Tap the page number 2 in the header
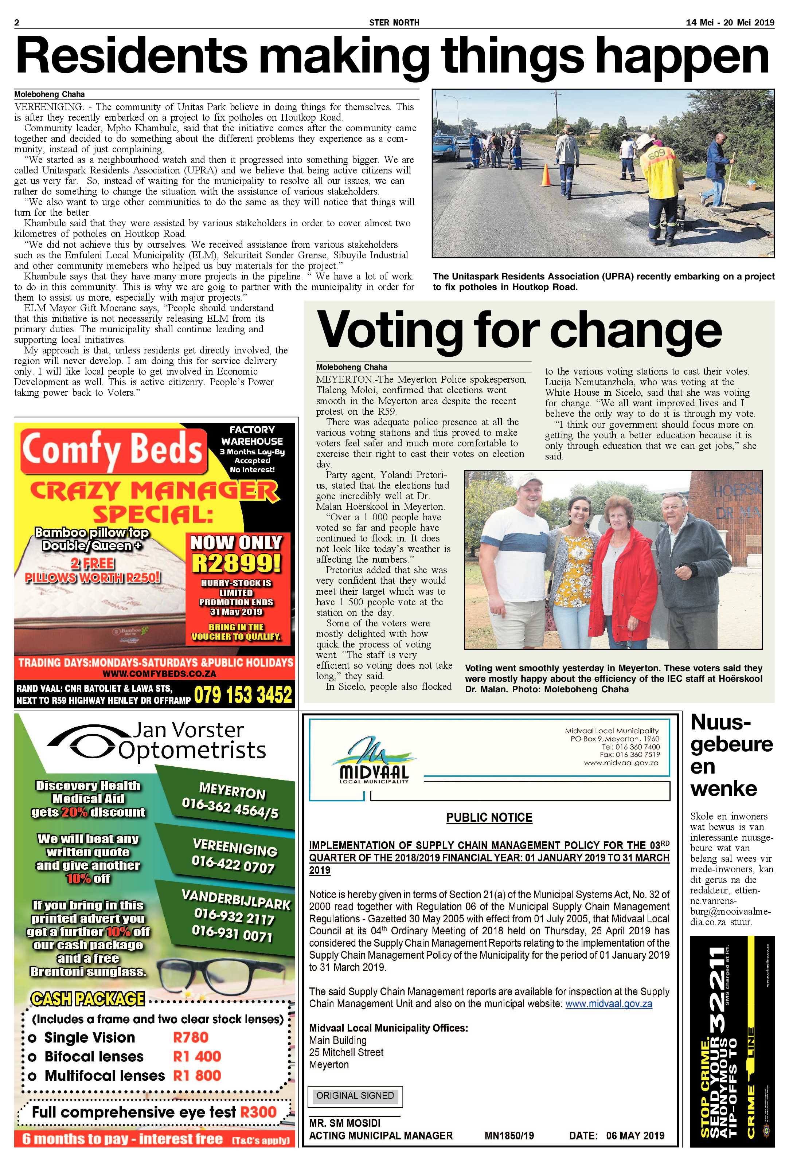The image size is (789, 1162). pyautogui.click(x=16, y=23)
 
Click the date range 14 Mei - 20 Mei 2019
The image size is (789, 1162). pyautogui.click(x=730, y=23)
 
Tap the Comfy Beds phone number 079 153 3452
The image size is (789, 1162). pyautogui.click(x=243, y=695)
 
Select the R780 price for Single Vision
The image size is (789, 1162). pyautogui.click(x=191, y=1037)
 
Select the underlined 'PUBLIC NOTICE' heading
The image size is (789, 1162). pyautogui.click(x=489, y=818)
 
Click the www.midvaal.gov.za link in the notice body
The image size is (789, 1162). pyautogui.click(x=609, y=1003)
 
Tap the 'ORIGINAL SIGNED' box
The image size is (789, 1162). pyautogui.click(x=355, y=1095)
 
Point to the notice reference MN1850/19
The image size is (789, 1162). pyautogui.click(x=509, y=1136)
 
